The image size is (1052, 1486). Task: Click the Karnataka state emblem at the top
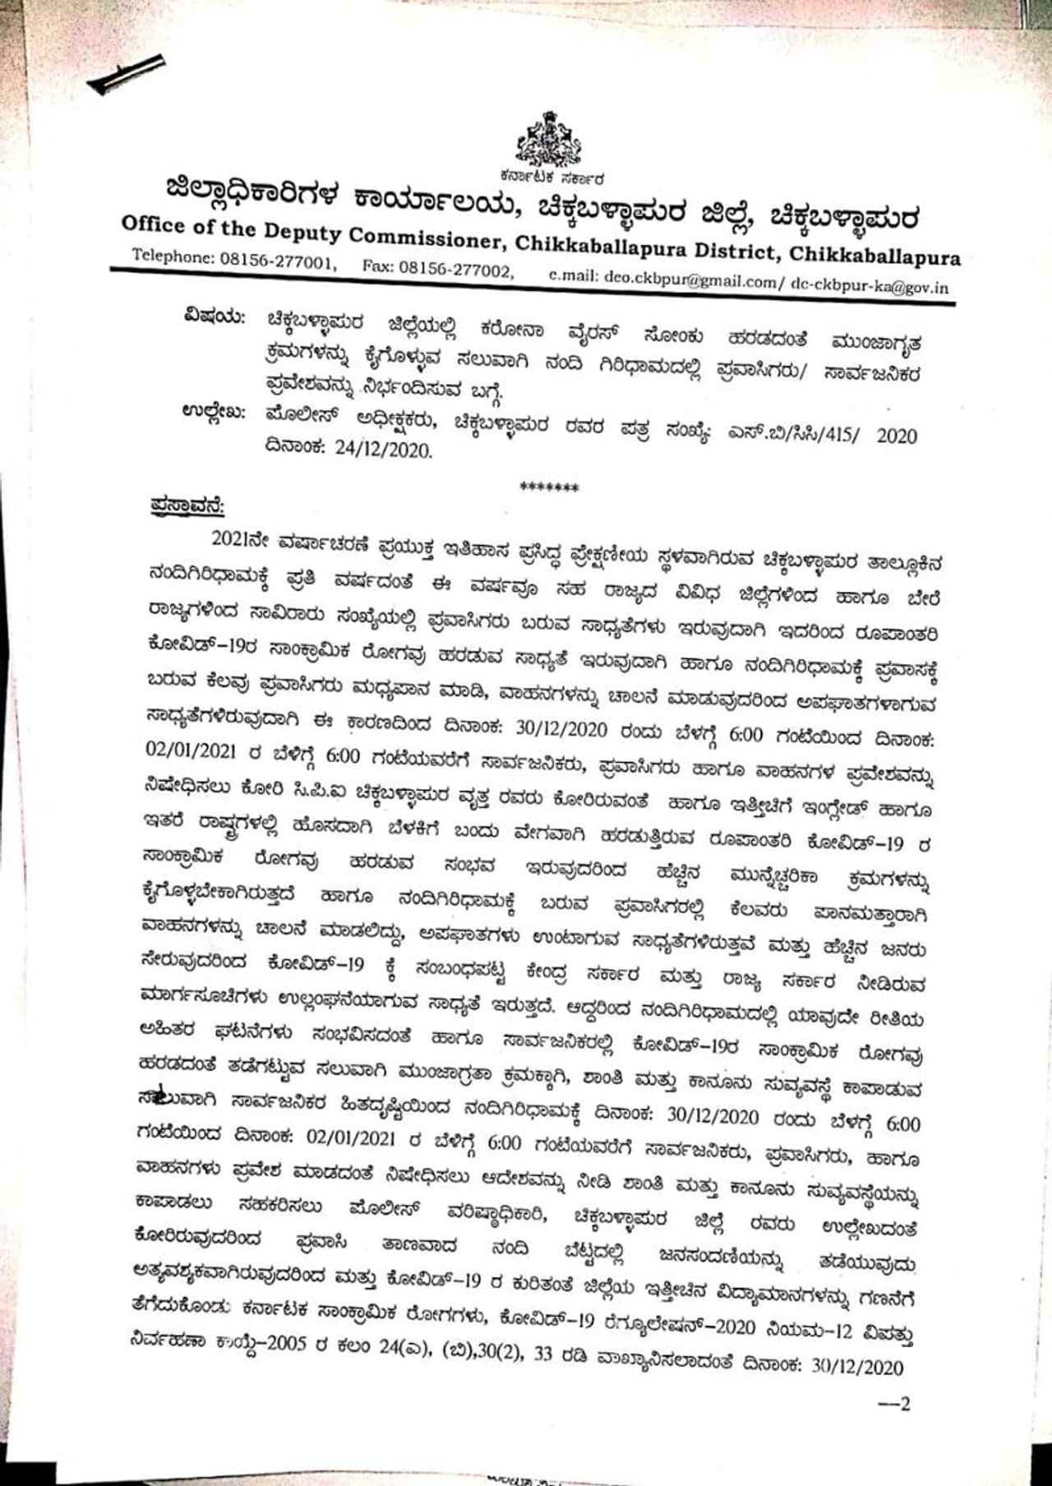[x=548, y=141]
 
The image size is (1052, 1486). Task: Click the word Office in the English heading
[x=154, y=224]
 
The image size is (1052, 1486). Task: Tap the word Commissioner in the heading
[x=427, y=239]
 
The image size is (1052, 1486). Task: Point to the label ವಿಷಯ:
[x=215, y=316]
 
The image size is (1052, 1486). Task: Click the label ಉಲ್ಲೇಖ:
[x=213, y=412]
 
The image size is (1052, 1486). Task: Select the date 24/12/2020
[x=383, y=449]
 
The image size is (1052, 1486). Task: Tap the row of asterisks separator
[x=549, y=487]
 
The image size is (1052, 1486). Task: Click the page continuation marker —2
[x=894, y=1403]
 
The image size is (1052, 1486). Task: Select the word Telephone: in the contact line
[x=173, y=256]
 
